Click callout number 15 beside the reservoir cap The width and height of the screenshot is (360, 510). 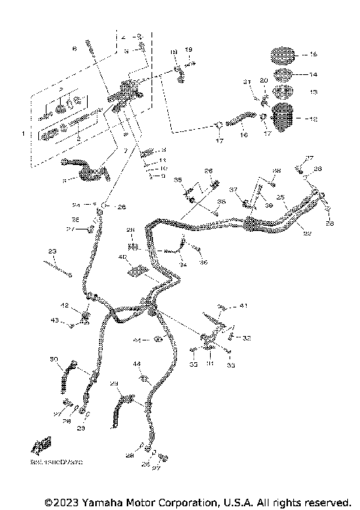click(x=313, y=55)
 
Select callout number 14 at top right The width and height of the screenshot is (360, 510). click(x=313, y=74)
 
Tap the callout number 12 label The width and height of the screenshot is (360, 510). click(x=313, y=118)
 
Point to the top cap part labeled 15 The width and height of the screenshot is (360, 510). click(x=283, y=55)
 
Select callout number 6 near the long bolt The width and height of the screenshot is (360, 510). click(x=74, y=48)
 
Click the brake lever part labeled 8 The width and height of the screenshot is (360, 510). click(x=88, y=174)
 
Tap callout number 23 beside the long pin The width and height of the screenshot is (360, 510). click(x=52, y=250)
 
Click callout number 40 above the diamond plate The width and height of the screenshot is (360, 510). click(x=121, y=257)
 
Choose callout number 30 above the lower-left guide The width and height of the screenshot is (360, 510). click(x=53, y=361)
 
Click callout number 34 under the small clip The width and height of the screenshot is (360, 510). click(x=182, y=263)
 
